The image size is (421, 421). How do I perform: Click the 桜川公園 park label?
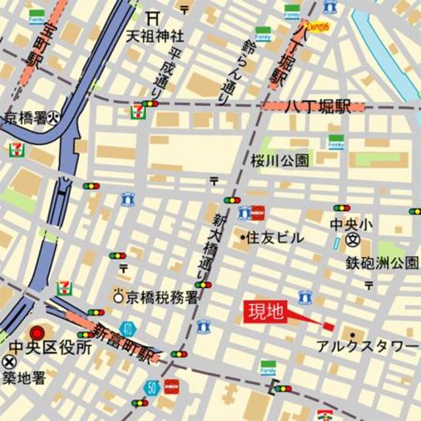click(x=280, y=161)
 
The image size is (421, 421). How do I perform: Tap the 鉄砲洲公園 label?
click(x=382, y=263)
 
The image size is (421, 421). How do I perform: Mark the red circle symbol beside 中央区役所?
click(x=37, y=332)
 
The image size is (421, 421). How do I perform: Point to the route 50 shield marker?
click(x=153, y=387)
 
